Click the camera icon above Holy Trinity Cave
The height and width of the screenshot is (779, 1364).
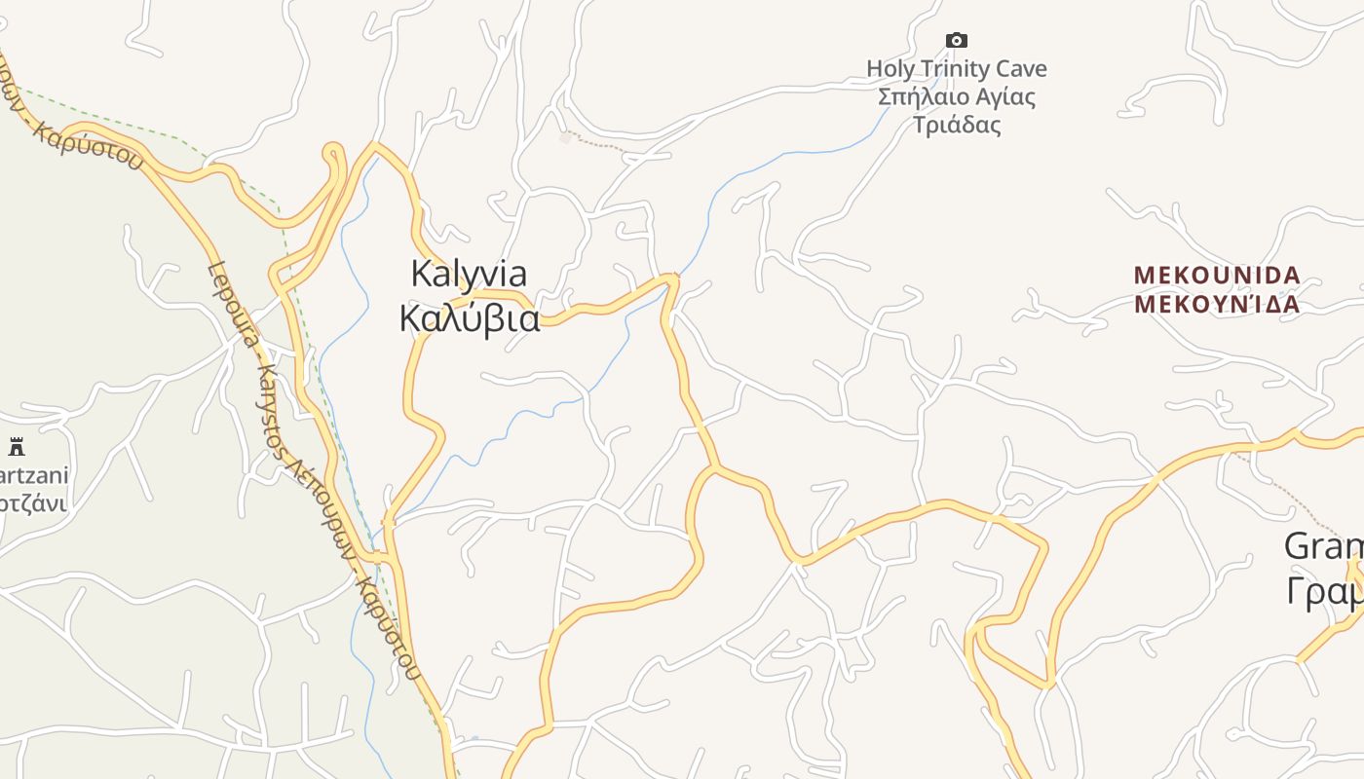(x=957, y=40)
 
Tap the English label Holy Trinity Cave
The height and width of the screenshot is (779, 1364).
(x=956, y=69)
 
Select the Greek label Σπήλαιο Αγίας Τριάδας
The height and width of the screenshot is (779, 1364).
(x=956, y=111)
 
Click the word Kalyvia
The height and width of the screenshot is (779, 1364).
(x=469, y=274)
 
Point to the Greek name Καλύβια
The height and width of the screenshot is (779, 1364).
(x=470, y=318)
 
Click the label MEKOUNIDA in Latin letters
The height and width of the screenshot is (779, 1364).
(x=1217, y=276)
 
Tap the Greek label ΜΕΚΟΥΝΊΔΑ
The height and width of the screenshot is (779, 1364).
(x=1217, y=304)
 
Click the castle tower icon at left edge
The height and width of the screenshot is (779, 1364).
(x=17, y=447)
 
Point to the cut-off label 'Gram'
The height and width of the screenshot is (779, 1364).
(x=1323, y=546)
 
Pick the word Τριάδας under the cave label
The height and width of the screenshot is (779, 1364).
(x=957, y=125)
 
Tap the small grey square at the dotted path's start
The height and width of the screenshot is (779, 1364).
(x=565, y=138)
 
